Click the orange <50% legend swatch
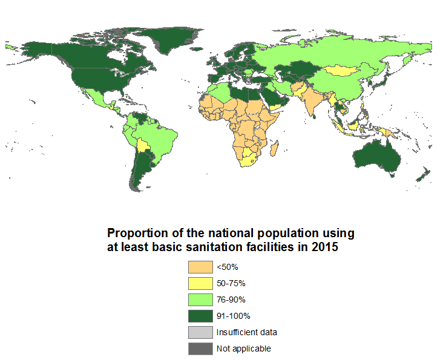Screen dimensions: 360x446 [x=200, y=267]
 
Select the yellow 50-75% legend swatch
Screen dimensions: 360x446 [x=200, y=283]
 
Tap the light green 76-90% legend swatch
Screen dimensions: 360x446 [x=200, y=299]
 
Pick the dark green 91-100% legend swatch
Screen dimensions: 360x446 [x=200, y=316]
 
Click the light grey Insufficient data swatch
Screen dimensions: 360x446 [x=200, y=332]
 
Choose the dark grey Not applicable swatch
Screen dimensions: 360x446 [x=200, y=349]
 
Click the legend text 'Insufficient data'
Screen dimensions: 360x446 [x=246, y=332]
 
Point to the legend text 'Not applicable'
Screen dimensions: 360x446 [x=243, y=349]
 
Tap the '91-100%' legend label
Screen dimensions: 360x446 [x=233, y=316]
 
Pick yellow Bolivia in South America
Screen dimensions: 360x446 [x=143, y=146]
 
